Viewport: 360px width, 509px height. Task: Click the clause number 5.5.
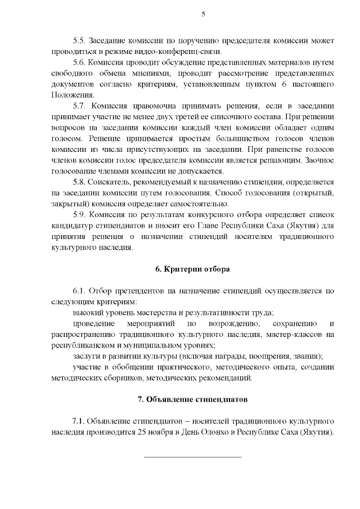point(79,41)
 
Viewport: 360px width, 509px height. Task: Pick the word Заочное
point(319,160)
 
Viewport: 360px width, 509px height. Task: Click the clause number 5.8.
point(79,182)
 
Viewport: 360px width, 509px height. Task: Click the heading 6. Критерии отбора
point(192,268)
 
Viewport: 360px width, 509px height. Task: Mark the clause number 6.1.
point(79,291)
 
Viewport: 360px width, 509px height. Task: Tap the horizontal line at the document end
point(192,457)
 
